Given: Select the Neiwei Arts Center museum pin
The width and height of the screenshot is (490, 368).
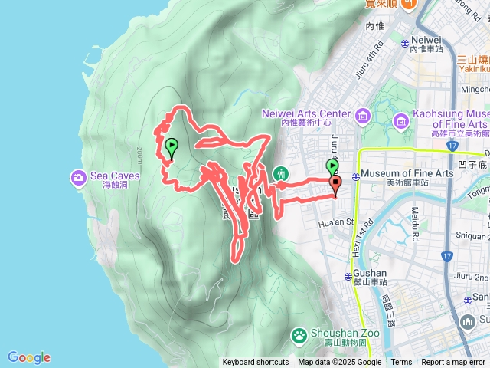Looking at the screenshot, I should coord(363,117).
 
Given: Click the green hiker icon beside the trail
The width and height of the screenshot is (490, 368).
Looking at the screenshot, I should coord(281,175).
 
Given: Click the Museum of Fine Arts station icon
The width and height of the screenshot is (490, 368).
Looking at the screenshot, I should coord(355,174).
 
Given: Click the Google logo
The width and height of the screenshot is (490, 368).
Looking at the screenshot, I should coord(29,357).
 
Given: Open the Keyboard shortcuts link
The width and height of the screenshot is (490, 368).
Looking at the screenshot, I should coord(256,363).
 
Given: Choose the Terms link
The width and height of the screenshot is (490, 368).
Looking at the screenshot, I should coord(401,363).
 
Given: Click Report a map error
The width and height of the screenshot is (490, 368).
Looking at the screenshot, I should coord(454,363).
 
